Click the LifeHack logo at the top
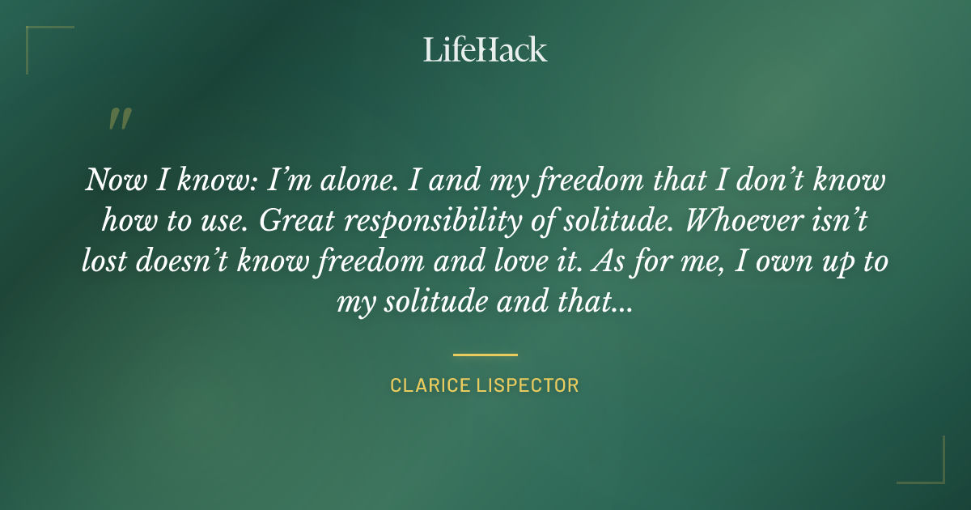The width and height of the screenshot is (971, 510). (485, 49)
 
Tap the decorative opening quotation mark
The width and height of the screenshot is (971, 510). (119, 119)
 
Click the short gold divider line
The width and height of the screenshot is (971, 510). (485, 355)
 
